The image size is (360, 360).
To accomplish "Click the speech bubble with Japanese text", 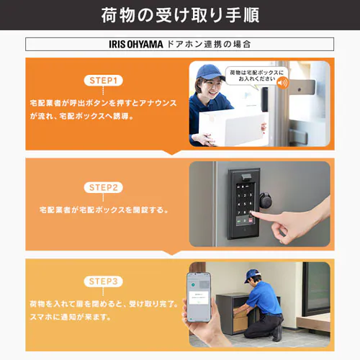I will click(x=256, y=77).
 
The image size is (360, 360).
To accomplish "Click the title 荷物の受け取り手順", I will click(x=179, y=15).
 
